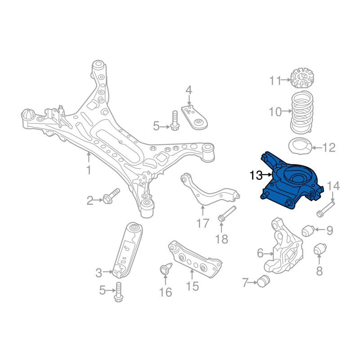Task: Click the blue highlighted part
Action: point(292,182)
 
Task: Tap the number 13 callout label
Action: point(256,175)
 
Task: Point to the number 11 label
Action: point(275,81)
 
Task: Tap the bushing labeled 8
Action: point(320,249)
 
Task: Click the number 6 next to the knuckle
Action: point(260,253)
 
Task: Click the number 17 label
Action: point(203,222)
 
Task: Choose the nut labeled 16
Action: point(164,270)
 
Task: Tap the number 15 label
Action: point(192,286)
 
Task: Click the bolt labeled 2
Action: point(111,197)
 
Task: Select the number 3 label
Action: point(99,272)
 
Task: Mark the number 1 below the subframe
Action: point(89,170)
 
